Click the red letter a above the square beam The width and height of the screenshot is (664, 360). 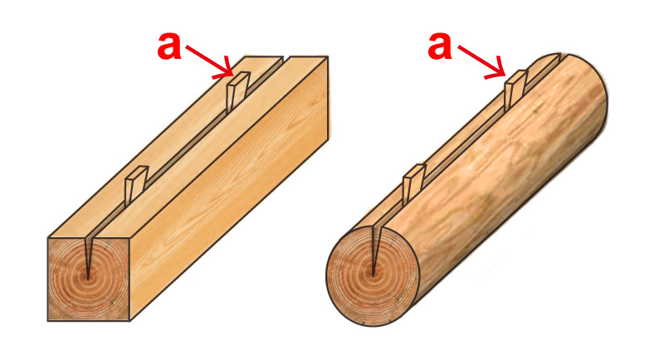pyautogui.click(x=169, y=46)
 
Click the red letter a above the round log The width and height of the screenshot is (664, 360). pyautogui.click(x=440, y=46)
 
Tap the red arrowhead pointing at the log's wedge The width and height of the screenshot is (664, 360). pyautogui.click(x=497, y=71)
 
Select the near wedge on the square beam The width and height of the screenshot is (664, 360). pyautogui.click(x=135, y=185)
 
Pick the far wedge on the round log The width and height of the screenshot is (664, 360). pyautogui.click(x=515, y=90)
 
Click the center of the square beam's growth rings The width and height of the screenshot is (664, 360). pyautogui.click(x=88, y=278)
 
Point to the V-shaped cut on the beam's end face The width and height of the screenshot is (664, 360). pyautogui.click(x=88, y=257)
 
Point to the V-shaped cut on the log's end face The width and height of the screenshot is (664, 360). pyautogui.click(x=373, y=251)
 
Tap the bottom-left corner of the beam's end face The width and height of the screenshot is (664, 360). pyautogui.click(x=48, y=321)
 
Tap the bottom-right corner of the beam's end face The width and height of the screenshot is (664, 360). pyautogui.click(x=129, y=321)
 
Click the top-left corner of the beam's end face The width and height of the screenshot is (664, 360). pyautogui.click(x=48, y=238)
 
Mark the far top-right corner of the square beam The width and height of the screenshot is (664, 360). pyautogui.click(x=328, y=56)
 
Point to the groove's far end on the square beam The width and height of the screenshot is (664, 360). pyautogui.click(x=286, y=56)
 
